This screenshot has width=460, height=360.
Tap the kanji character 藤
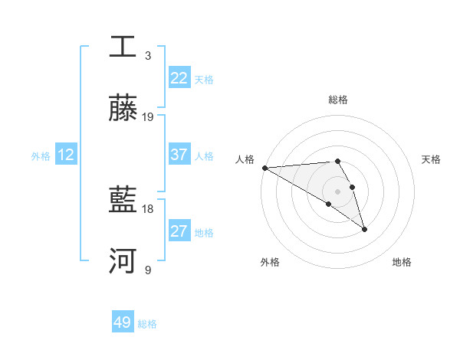pyautogui.click(x=123, y=109)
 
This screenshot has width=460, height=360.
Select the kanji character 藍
pyautogui.click(x=123, y=200)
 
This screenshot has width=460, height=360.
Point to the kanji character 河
pyautogui.click(x=123, y=261)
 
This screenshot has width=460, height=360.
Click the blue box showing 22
pyautogui.click(x=179, y=78)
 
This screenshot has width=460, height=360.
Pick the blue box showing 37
pyautogui.click(x=179, y=155)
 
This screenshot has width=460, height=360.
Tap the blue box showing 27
pyautogui.click(x=179, y=231)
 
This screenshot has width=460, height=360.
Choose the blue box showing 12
pyautogui.click(x=66, y=155)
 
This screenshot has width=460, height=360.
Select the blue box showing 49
pyautogui.click(x=123, y=322)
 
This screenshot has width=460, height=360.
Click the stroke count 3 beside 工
pyautogui.click(x=148, y=55)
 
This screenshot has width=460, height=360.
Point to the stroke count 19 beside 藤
pyautogui.click(x=148, y=117)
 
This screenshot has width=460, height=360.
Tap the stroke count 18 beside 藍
pyautogui.click(x=148, y=208)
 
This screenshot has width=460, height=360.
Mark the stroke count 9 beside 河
pyautogui.click(x=148, y=270)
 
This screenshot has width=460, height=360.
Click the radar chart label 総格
pyautogui.click(x=338, y=100)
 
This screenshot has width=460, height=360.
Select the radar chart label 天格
pyautogui.click(x=431, y=159)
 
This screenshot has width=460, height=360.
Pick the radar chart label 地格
pyautogui.click(x=402, y=262)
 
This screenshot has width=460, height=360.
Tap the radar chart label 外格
pyautogui.click(x=270, y=262)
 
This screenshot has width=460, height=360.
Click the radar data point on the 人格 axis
pyautogui.click(x=264, y=168)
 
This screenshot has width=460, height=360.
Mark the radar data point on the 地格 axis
pyautogui.click(x=364, y=228)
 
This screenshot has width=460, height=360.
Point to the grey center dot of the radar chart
pyautogui.click(x=338, y=191)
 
